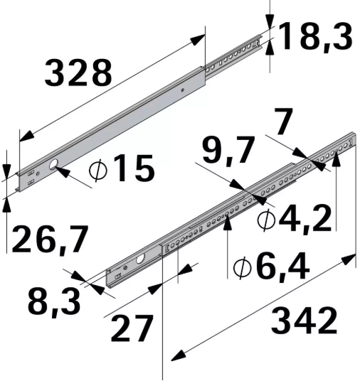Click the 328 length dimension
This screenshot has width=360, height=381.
pos(78,73)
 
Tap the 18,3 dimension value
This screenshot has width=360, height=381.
pos(315,36)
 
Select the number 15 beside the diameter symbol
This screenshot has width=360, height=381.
pos(132,169)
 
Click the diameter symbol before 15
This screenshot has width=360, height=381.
pos(100,170)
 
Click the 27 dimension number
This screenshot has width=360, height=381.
pos(132,328)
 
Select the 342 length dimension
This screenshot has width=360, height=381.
pos(304,322)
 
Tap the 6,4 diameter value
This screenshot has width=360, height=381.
pos(281,267)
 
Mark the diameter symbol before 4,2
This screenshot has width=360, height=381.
pos(267,220)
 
